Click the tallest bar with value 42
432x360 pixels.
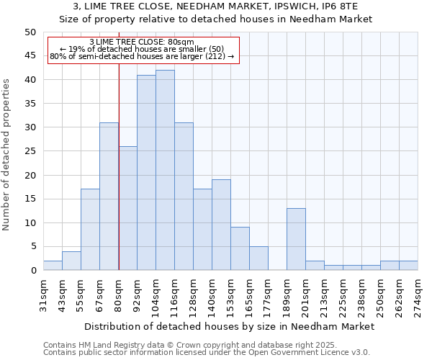pyautogui.click(x=165, y=170)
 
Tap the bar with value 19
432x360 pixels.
pyautogui.click(x=221, y=225)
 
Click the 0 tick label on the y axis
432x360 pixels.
pyautogui.click(x=32, y=271)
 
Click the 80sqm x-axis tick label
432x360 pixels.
pyautogui.click(x=118, y=294)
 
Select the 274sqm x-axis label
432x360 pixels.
pyautogui.click(x=418, y=295)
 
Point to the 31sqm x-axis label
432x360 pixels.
pyautogui.click(x=43, y=294)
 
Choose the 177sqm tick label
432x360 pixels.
pyautogui.click(x=268, y=295)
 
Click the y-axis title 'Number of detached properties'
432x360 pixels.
pyautogui.click(x=6, y=166)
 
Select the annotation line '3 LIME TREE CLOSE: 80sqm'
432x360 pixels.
pyautogui.click(x=143, y=42)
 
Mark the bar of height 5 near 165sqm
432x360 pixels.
pyautogui.click(x=258, y=258)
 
